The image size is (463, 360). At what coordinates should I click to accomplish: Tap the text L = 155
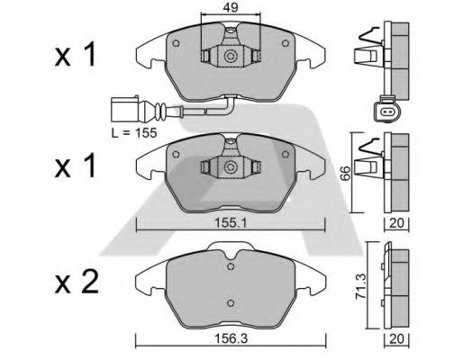(x=133, y=132)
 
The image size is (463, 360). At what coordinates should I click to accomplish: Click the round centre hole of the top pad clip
(x=231, y=58)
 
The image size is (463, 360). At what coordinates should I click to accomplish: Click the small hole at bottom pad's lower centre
(x=231, y=302)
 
